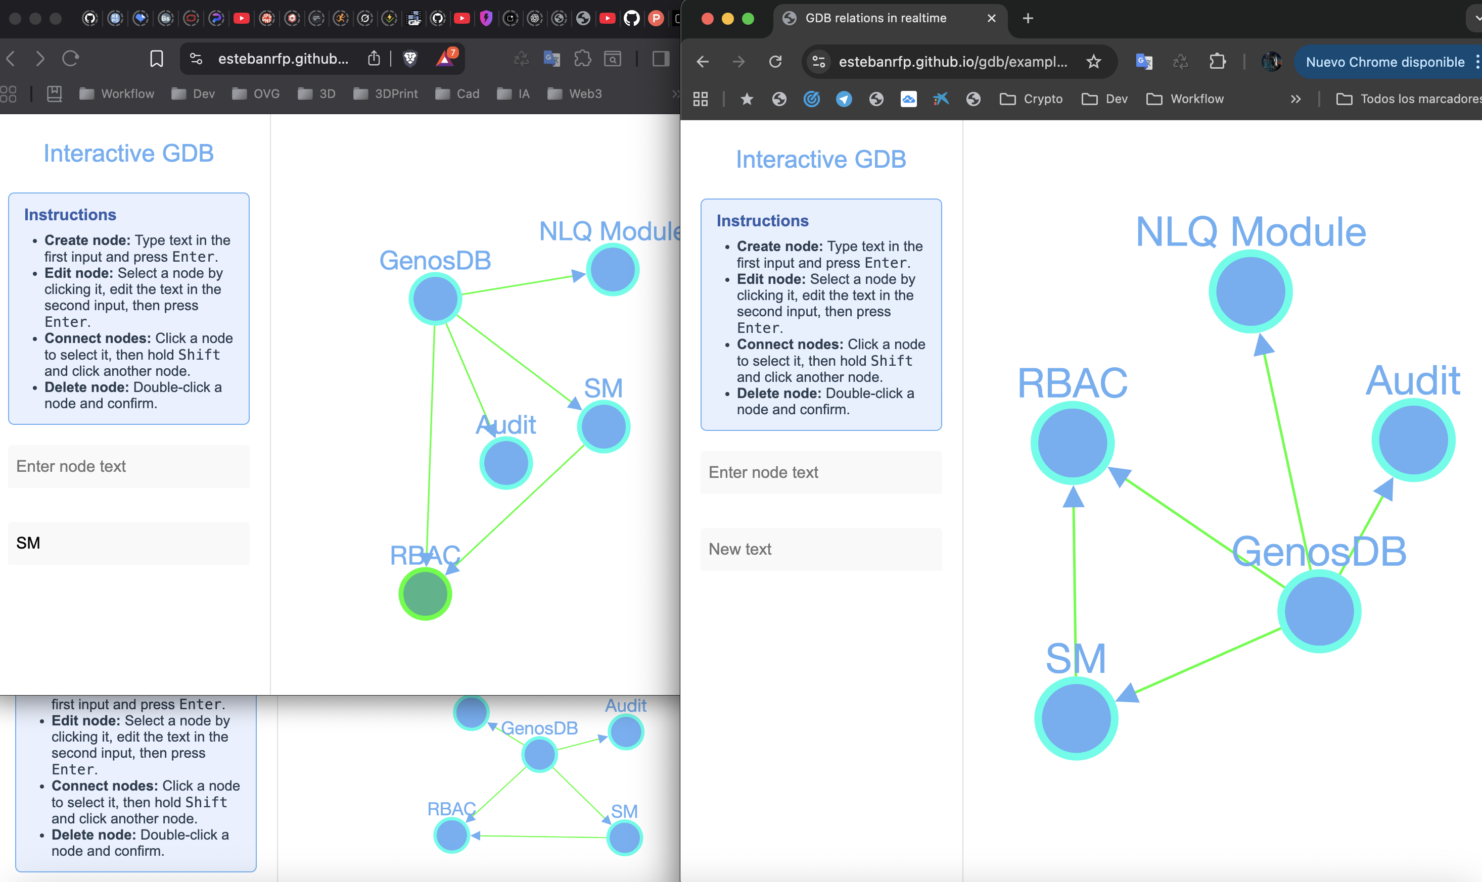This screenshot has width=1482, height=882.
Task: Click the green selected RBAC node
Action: tap(425, 593)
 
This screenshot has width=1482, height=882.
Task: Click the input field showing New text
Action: tap(821, 549)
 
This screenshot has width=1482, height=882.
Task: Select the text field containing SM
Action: tap(128, 543)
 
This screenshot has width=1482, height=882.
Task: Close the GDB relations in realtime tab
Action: tap(991, 18)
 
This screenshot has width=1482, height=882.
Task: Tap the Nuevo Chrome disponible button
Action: tap(1384, 62)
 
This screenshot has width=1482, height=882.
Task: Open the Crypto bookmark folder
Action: tap(1031, 99)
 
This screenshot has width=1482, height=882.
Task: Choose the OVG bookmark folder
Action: tap(256, 94)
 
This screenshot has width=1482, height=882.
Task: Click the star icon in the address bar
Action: tap(1094, 61)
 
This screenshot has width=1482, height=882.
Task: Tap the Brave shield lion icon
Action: tap(410, 58)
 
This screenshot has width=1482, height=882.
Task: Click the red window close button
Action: tap(707, 18)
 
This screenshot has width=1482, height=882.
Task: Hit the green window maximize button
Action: tap(748, 18)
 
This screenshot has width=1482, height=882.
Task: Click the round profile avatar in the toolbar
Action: tap(1271, 61)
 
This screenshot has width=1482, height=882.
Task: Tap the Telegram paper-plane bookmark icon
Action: tap(843, 99)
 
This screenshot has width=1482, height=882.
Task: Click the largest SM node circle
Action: tap(1076, 718)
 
